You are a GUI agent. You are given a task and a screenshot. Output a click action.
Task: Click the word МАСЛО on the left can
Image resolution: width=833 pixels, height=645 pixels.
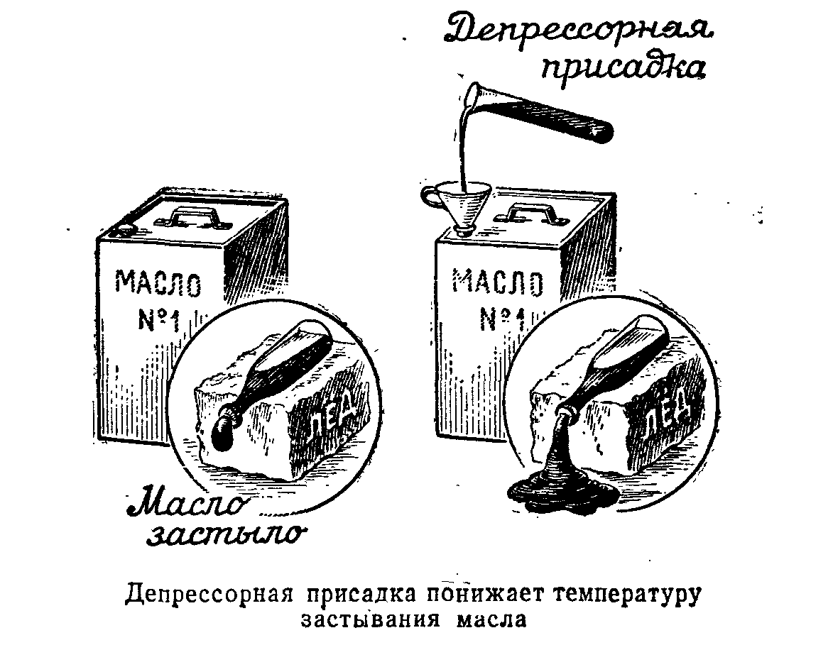(x=158, y=283)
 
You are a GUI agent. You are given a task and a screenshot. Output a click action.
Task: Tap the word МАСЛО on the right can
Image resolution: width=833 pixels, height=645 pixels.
(x=497, y=282)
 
